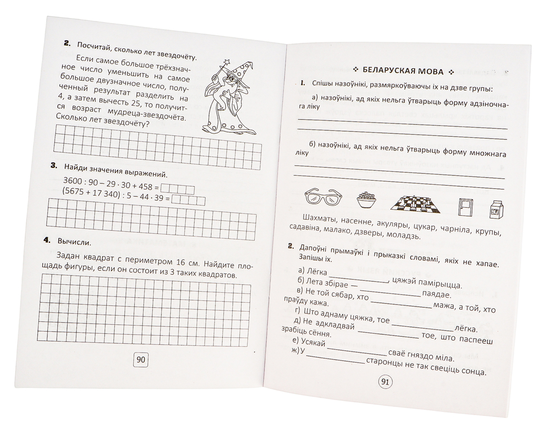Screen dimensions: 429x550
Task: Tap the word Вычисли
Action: pyautogui.click(x=74, y=241)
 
